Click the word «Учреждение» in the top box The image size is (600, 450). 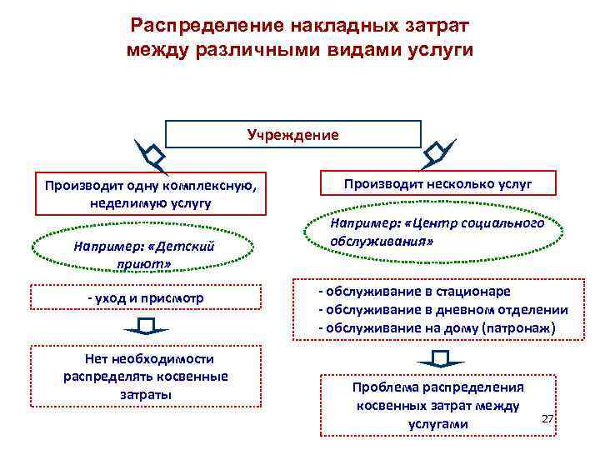(293, 134)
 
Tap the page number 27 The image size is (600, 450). (547, 417)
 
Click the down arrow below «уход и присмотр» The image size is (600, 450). (146, 327)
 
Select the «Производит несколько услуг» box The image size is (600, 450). (437, 183)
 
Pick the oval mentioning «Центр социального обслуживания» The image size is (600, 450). (437, 232)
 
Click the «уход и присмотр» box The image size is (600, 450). (146, 298)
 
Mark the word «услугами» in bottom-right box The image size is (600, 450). (437, 424)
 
